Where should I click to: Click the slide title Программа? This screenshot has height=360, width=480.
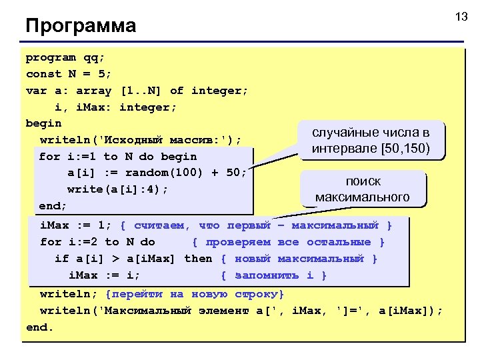[81, 26]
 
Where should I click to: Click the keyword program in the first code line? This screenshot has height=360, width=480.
[51, 57]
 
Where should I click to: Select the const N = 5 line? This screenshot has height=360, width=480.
[69, 74]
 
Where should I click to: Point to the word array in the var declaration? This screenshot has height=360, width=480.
[93, 91]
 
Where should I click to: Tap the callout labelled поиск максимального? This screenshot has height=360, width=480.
[363, 189]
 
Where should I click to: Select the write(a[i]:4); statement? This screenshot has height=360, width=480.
[117, 189]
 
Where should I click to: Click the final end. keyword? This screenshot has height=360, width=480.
[39, 327]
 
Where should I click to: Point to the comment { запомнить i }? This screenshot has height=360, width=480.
[273, 275]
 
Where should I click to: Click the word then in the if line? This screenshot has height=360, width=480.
[198, 258]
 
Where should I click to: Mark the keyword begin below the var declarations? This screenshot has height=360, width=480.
[43, 123]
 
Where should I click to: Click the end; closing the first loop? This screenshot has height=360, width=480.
[53, 206]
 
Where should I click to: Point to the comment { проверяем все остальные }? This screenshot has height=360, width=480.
[289, 242]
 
